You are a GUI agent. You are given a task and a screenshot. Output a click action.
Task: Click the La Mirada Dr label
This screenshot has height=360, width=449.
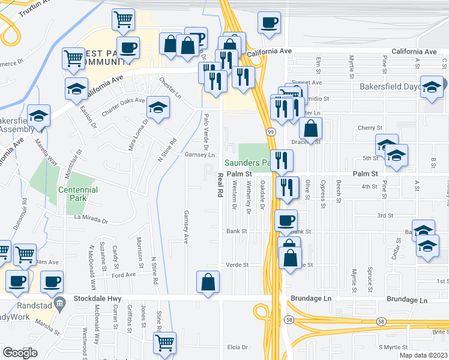[91, 220]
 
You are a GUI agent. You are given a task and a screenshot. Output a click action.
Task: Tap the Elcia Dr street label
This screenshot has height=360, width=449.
[238, 347]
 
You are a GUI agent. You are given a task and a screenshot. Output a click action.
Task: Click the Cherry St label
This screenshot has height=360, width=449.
[370, 128]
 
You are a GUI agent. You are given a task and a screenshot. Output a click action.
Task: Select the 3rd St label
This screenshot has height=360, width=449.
[384, 215]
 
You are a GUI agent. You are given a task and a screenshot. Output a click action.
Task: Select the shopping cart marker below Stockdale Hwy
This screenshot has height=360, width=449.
[164, 343]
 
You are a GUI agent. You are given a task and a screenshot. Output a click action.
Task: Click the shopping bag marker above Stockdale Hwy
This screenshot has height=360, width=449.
[208, 282]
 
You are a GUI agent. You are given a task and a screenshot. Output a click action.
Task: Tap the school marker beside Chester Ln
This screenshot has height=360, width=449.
[158, 107]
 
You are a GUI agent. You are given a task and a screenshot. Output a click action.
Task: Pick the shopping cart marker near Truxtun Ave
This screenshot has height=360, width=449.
[123, 20]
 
